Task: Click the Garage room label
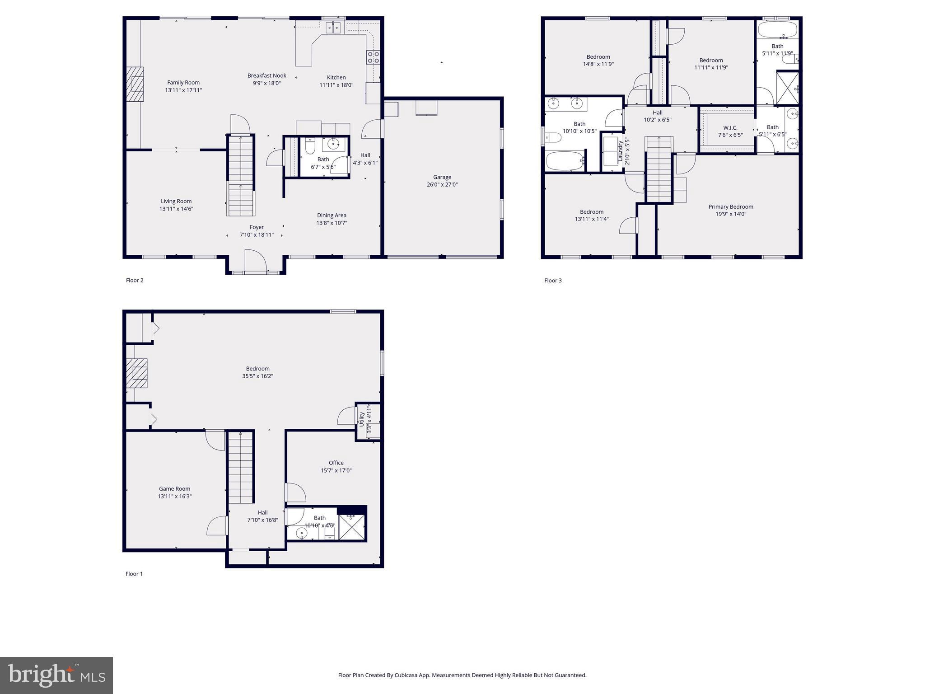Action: [x=442, y=177]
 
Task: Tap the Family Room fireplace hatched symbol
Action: [x=135, y=84]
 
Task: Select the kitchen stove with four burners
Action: [x=373, y=57]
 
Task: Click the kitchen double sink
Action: [x=334, y=28]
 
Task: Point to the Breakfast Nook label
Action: [x=266, y=75]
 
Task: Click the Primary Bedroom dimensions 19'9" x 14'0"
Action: [x=731, y=214]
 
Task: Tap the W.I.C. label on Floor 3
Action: [x=730, y=128]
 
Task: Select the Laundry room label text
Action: [x=621, y=150]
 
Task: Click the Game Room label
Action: [x=174, y=488]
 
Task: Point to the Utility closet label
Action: [x=362, y=419]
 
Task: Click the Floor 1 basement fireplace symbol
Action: [x=136, y=373]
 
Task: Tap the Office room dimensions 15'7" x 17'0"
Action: [x=336, y=470]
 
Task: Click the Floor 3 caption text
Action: [x=553, y=281]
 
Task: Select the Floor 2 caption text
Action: [x=135, y=281]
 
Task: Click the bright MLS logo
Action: [x=56, y=675]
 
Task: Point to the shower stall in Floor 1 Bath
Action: [x=352, y=527]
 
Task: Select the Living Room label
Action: [x=176, y=202]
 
